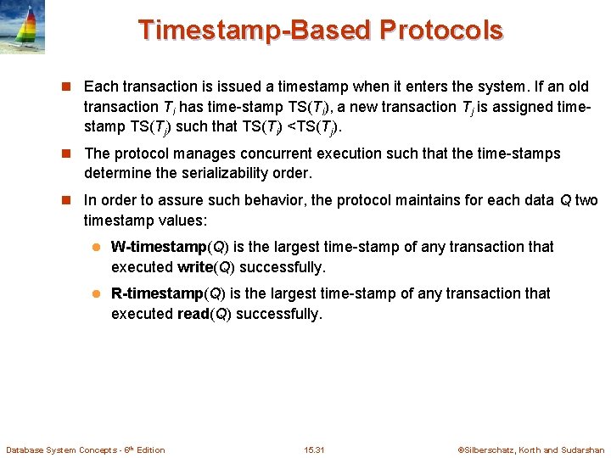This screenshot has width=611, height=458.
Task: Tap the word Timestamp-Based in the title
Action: point(255,30)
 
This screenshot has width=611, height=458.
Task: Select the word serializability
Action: point(208,174)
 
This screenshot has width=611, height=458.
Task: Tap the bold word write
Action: point(193,267)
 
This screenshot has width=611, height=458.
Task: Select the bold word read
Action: point(193,314)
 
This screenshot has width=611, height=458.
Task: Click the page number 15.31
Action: point(313,450)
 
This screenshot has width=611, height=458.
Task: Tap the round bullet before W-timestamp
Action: point(96,248)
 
